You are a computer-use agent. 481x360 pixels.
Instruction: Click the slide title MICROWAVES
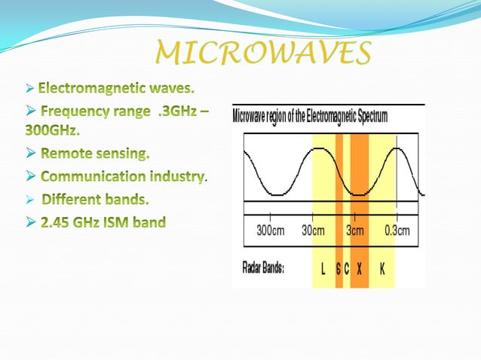pos(263,53)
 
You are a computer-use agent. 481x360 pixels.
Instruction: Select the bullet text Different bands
pos(95,200)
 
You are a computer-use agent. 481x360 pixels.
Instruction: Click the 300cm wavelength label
pos(269,231)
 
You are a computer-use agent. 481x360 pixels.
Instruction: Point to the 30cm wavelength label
pos(312,231)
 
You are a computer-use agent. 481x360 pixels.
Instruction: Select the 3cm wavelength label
pos(354,231)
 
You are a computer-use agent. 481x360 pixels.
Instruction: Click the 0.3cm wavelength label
pos(397,231)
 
